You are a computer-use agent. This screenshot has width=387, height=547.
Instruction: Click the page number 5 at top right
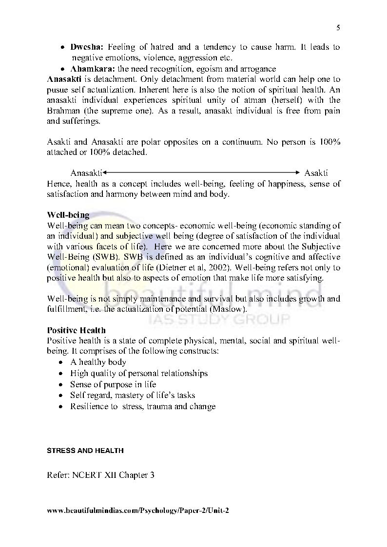tap(338, 28)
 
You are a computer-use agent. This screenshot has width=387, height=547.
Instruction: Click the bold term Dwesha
tap(83, 47)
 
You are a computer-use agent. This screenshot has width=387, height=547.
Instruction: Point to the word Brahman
tap(61, 111)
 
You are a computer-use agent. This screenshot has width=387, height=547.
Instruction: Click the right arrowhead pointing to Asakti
tap(298, 172)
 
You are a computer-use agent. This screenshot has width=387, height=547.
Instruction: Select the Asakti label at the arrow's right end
tap(316, 173)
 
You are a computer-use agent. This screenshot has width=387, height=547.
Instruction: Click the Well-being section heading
tap(68, 215)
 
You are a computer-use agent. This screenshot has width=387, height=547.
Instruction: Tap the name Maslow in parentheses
tap(232, 309)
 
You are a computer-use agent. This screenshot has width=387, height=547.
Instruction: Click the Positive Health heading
tap(76, 330)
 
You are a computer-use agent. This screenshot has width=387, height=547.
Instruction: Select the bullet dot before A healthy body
tap(60, 362)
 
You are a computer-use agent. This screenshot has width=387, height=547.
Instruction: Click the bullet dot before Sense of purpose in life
tap(60, 385)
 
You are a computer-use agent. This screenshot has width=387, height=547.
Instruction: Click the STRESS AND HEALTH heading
tap(85, 451)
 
